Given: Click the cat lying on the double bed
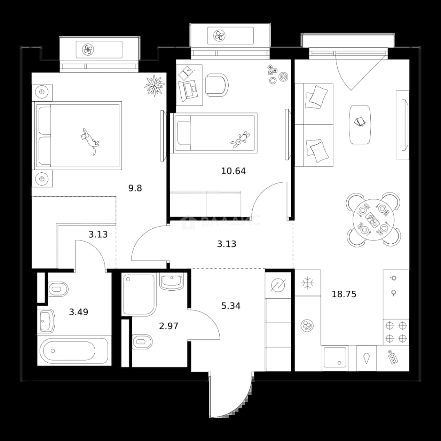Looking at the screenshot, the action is pyautogui.click(x=89, y=140).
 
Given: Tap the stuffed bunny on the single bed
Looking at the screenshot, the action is pyautogui.click(x=241, y=140).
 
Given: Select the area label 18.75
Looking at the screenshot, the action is pyautogui.click(x=344, y=294).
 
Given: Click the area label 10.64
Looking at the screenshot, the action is pyautogui.click(x=233, y=171).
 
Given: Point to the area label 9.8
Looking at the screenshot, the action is pyautogui.click(x=135, y=188).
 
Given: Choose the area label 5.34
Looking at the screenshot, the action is pyautogui.click(x=231, y=306).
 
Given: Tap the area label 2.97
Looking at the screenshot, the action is pyautogui.click(x=169, y=326).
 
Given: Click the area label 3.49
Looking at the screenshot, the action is pyautogui.click(x=78, y=312).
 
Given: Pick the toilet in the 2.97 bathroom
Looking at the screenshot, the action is pyautogui.click(x=142, y=342).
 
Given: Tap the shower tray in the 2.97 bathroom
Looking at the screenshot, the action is pyautogui.click(x=139, y=294).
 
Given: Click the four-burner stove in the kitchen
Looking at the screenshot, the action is pyautogui.click(x=396, y=332).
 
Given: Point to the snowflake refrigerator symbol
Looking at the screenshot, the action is pyautogui.click(x=308, y=283).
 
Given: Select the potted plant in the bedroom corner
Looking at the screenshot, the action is pyautogui.click(x=154, y=86).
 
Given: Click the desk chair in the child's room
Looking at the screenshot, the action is pyautogui.click(x=216, y=85).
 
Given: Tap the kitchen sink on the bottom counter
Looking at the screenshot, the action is pyautogui.click(x=335, y=357).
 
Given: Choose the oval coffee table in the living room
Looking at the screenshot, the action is pyautogui.click(x=360, y=125).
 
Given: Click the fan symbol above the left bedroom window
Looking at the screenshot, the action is pyautogui.click(x=88, y=50).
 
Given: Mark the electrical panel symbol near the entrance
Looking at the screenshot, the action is pyautogui.click(x=278, y=285).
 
